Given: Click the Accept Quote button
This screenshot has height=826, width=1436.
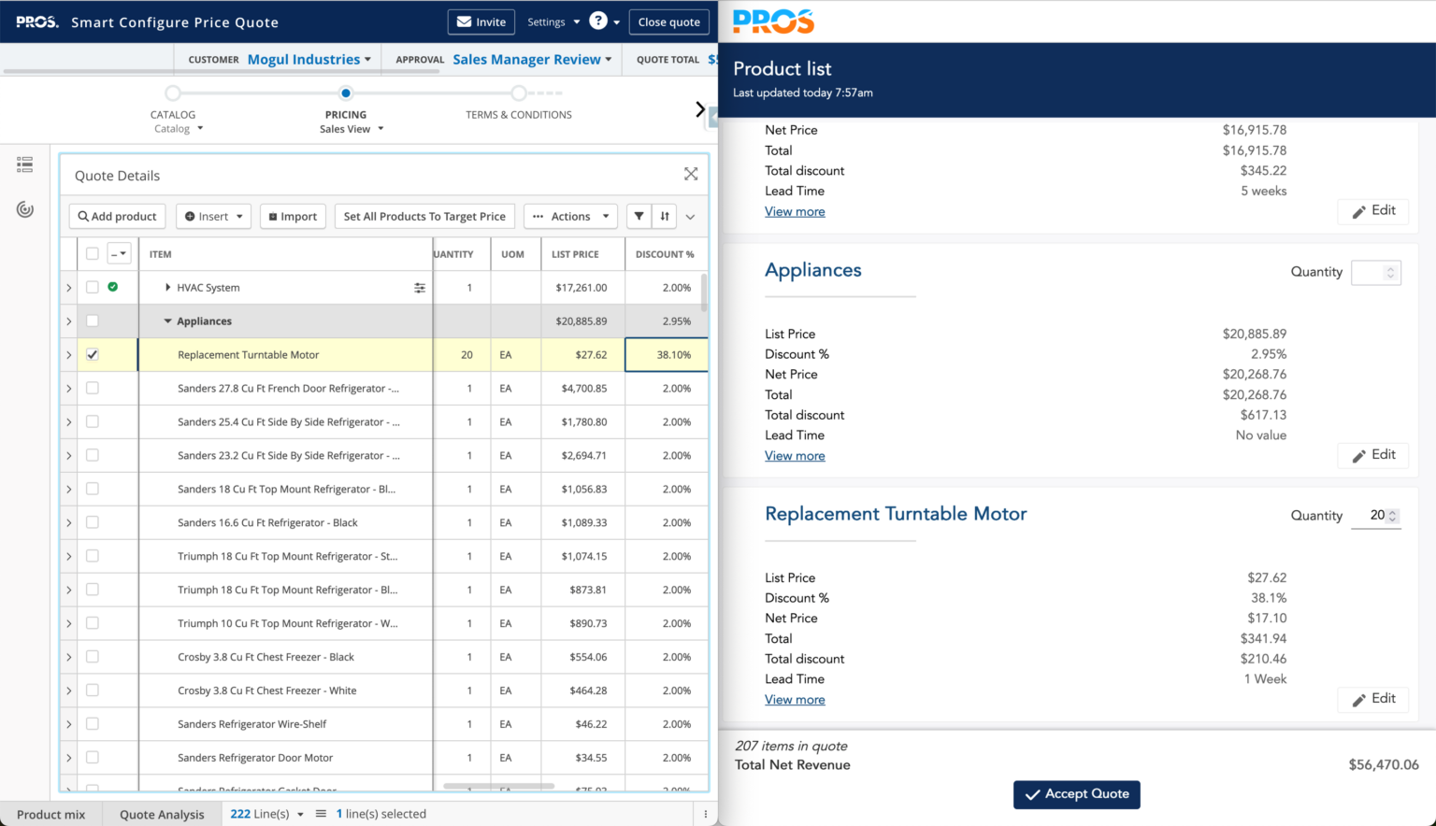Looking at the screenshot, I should [x=1076, y=794].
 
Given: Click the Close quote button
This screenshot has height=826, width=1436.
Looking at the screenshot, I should [x=668, y=22].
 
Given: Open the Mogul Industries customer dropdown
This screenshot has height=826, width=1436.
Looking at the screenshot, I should [x=309, y=60].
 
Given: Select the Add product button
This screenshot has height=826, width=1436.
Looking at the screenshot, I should [x=118, y=217].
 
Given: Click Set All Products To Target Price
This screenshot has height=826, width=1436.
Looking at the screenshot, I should [x=424, y=217].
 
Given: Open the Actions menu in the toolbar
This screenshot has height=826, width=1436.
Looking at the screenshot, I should [x=570, y=217].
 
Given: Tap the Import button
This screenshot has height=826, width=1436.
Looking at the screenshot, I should [x=293, y=217].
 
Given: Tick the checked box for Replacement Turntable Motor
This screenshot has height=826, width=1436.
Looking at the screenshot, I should [x=93, y=355].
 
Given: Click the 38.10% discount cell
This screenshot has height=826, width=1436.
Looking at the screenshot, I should [x=667, y=355].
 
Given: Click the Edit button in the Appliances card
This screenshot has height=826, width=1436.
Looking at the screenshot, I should [x=1372, y=455].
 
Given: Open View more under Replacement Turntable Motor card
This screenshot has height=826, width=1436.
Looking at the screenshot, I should [x=795, y=700].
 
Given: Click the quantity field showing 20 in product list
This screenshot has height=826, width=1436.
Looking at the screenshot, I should [x=1375, y=516].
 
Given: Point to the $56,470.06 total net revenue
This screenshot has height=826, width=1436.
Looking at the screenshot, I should [x=1383, y=765].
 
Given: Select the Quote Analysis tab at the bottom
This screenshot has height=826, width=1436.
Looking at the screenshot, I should [x=162, y=815].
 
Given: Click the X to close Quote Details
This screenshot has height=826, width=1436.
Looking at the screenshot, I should [x=691, y=175].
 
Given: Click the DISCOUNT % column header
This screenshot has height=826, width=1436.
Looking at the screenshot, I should [x=665, y=254].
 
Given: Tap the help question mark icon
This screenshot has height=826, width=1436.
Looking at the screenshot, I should [x=598, y=21].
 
